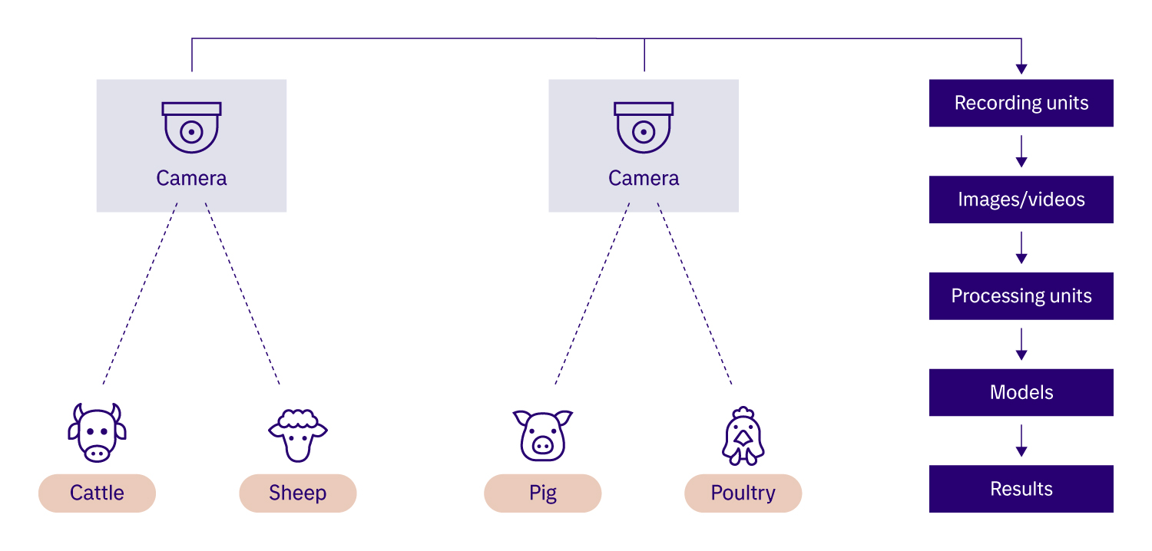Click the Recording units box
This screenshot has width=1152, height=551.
tap(1021, 103)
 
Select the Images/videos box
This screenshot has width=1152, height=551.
tap(1021, 200)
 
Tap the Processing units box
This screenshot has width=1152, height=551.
tap(1021, 296)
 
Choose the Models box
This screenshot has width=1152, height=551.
tap(1021, 392)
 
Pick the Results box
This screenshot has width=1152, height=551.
tap(1021, 489)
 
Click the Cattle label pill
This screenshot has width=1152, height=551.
tap(97, 493)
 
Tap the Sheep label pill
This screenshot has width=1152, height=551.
tap(297, 493)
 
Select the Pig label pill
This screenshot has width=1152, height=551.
tap(542, 493)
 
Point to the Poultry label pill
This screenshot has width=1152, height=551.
tap(743, 493)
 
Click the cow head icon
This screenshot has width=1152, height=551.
tap(97, 433)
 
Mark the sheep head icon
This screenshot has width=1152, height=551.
tap(297, 435)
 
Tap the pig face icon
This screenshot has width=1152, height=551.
tap(542, 435)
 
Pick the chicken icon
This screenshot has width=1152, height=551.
tap(742, 435)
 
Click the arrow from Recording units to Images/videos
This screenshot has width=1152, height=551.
tap(1021, 152)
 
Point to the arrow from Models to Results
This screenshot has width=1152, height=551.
tap(1021, 441)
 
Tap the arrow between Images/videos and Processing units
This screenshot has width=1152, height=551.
tap(1021, 248)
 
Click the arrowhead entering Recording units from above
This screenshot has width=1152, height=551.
tap(1021, 69)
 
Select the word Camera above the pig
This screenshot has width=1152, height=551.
tap(644, 179)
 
